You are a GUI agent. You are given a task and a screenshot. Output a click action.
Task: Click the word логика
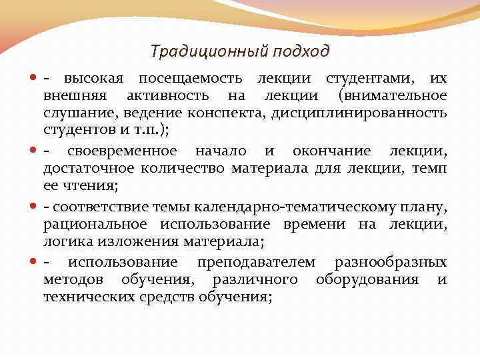[65, 243]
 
